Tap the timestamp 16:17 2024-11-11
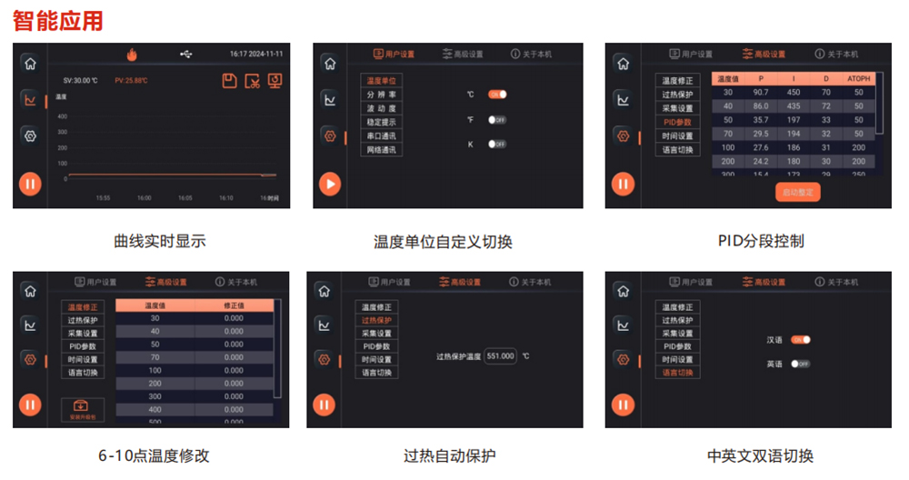click(x=256, y=55)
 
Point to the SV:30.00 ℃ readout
click(x=81, y=80)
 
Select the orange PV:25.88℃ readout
click(x=131, y=80)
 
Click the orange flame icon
click(x=132, y=55)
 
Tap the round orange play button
click(x=330, y=184)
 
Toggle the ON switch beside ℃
click(x=497, y=95)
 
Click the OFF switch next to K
click(x=497, y=145)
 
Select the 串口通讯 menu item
click(x=381, y=135)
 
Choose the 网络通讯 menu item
click(x=381, y=149)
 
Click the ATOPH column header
click(x=858, y=79)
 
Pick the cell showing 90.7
click(x=761, y=92)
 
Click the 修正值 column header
click(x=234, y=305)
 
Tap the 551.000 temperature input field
click(x=500, y=356)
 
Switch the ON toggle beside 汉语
click(x=800, y=340)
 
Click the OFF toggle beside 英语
click(x=800, y=364)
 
